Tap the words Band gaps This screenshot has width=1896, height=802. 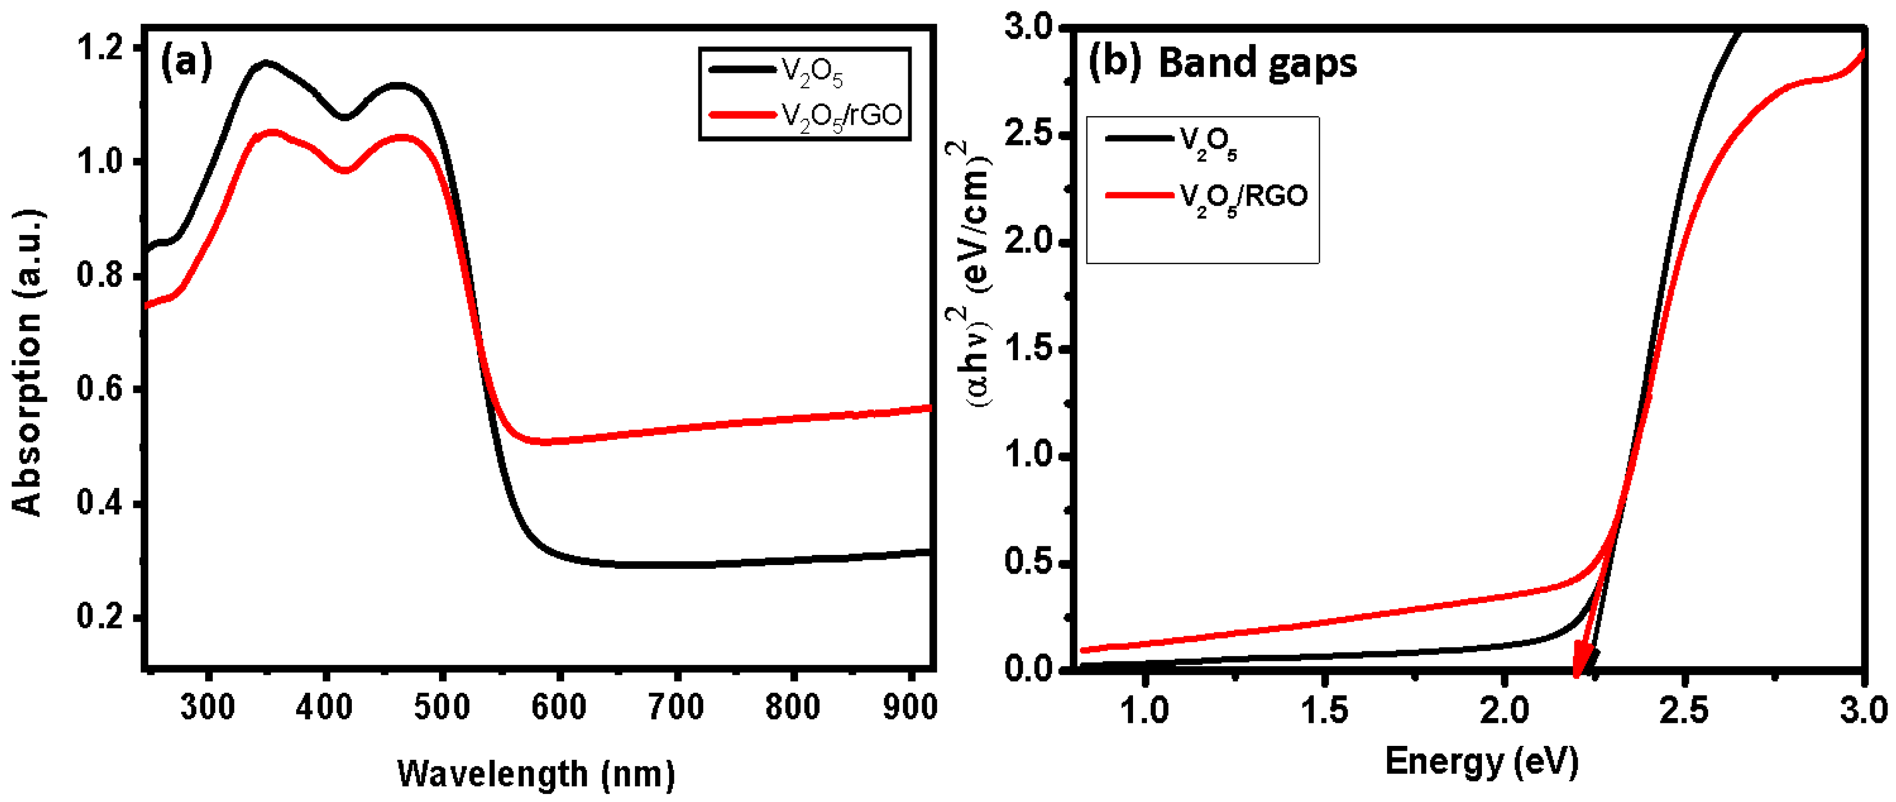click(x=1257, y=63)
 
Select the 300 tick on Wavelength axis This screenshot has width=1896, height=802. click(x=208, y=708)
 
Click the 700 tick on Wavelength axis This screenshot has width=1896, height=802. click(x=676, y=708)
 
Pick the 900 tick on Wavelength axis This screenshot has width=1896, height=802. click(x=910, y=708)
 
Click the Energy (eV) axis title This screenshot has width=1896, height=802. click(x=1481, y=762)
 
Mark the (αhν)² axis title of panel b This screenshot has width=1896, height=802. click(x=970, y=276)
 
